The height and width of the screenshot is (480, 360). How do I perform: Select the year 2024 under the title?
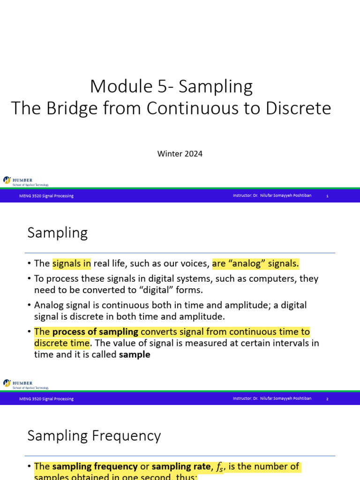point(193,154)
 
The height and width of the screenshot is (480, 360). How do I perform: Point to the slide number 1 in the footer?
point(327,196)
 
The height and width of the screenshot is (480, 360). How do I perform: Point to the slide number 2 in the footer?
point(327,399)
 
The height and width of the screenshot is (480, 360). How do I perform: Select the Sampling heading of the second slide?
point(58,233)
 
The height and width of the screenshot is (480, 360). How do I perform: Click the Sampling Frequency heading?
point(94,436)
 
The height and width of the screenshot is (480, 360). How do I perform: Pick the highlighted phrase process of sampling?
point(95,332)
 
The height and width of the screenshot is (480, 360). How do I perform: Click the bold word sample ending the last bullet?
point(135,355)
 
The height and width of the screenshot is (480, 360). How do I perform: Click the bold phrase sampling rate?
point(181,467)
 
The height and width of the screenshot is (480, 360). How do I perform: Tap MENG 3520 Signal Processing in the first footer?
point(46,196)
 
